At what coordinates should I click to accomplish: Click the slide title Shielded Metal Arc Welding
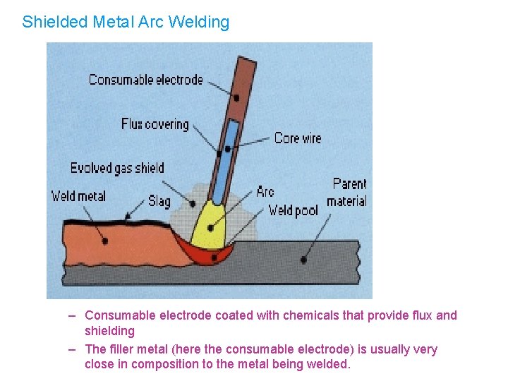click(x=126, y=22)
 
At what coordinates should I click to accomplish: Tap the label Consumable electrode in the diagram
click(x=145, y=80)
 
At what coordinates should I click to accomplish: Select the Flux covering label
click(x=155, y=124)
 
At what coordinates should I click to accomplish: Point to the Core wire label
click(x=297, y=138)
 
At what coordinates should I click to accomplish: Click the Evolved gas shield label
click(x=117, y=168)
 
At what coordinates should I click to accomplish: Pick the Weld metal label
click(x=78, y=196)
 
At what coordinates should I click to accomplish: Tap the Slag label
click(x=159, y=201)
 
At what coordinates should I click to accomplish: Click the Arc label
click(x=265, y=191)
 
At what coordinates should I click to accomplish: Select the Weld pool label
click(x=293, y=210)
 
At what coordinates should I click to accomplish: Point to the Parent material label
click(x=348, y=192)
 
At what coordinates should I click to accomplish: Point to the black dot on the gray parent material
click(x=303, y=260)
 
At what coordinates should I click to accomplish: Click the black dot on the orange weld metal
click(x=104, y=241)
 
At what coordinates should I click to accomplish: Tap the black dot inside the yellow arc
click(x=210, y=228)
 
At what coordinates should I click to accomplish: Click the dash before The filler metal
click(x=73, y=349)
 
